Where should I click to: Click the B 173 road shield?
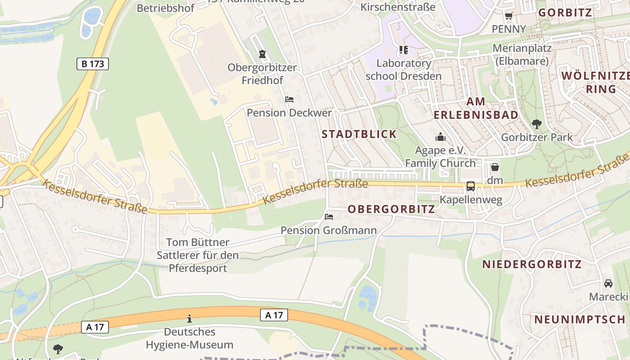click(x=93, y=64)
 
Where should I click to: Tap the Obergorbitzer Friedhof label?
click(x=262, y=74)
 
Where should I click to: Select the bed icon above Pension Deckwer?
click(x=289, y=99)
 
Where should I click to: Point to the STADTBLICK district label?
click(x=359, y=134)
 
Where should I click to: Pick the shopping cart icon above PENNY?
click(x=508, y=16)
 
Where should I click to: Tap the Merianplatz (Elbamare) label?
click(x=522, y=54)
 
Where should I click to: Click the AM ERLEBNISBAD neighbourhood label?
click(x=476, y=108)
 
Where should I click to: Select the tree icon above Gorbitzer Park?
click(x=536, y=124)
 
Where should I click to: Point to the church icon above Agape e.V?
click(x=441, y=137)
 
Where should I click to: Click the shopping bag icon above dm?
click(x=495, y=167)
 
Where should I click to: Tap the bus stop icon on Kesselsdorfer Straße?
click(x=471, y=186)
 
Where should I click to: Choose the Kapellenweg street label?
click(x=471, y=200)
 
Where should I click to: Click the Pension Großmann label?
click(x=328, y=230)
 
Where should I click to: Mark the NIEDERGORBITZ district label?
click(x=532, y=264)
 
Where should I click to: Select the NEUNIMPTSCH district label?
click(x=580, y=319)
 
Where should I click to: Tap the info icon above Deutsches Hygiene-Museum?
click(x=189, y=319)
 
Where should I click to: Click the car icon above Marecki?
click(x=608, y=283)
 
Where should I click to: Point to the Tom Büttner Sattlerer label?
click(x=198, y=255)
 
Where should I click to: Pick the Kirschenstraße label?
click(x=398, y=7)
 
